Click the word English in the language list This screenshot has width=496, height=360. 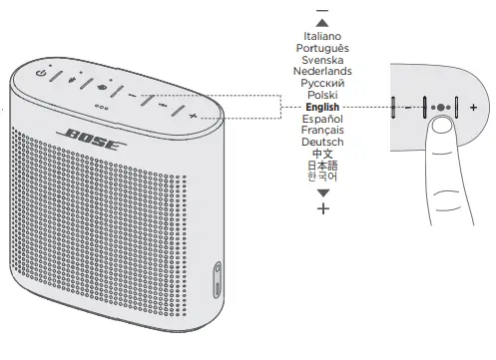click(x=321, y=107)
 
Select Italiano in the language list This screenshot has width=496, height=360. click(x=321, y=36)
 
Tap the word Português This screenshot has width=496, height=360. click(x=321, y=48)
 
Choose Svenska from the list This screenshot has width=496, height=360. click(x=321, y=60)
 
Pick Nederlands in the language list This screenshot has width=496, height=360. click(x=321, y=72)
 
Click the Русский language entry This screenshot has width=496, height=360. click(x=321, y=84)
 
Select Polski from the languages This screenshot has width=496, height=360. click(x=321, y=96)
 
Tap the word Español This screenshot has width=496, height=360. click(x=321, y=119)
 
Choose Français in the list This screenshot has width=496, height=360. click(x=321, y=131)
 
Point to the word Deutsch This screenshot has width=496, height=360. click(x=321, y=143)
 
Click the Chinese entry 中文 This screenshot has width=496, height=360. click(x=321, y=155)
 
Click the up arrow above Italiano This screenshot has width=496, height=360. click(x=321, y=22)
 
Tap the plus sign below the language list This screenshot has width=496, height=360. click(x=321, y=207)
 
